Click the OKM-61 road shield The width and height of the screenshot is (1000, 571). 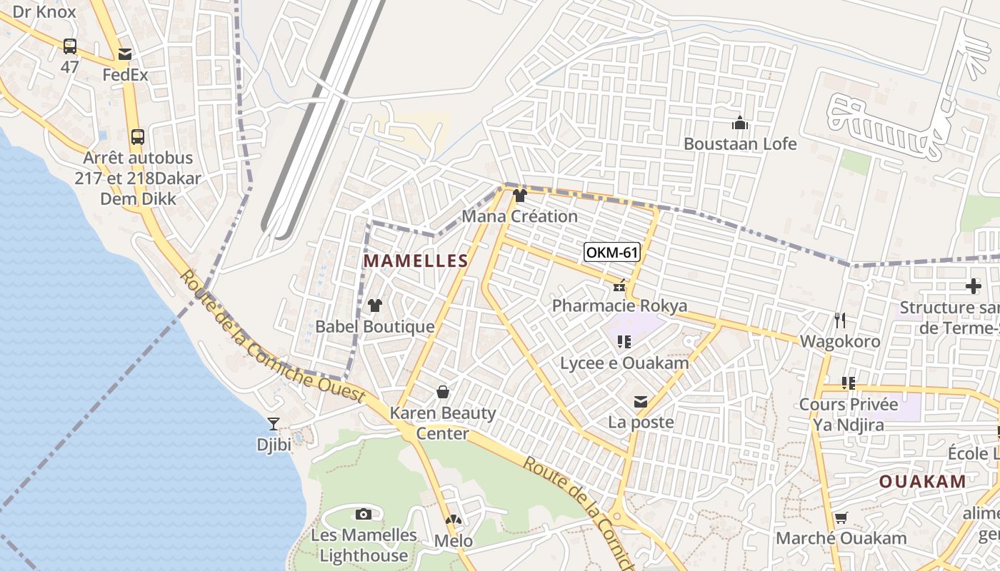[611, 252]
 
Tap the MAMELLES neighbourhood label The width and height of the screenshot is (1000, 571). [416, 261]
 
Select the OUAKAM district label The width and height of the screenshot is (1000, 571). [922, 481]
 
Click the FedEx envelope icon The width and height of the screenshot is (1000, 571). [126, 54]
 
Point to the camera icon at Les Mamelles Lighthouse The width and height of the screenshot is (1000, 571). [364, 514]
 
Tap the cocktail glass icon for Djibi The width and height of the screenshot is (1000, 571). [274, 423]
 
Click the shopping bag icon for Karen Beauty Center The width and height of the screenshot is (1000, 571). [443, 392]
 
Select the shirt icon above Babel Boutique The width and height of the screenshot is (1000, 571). [375, 305]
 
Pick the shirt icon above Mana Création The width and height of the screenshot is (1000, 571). [520, 196]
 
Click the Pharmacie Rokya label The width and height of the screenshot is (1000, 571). [619, 306]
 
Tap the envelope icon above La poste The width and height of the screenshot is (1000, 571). [641, 402]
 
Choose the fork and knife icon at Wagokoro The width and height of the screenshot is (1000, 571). [840, 320]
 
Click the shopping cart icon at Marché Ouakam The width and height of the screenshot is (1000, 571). [841, 517]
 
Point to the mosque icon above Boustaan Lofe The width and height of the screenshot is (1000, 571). [740, 123]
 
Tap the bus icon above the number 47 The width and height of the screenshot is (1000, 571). [69, 46]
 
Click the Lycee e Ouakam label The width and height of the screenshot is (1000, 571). [624, 363]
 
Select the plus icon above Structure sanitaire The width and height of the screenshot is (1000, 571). [973, 287]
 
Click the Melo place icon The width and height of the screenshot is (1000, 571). [454, 521]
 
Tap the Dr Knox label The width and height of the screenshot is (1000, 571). [44, 11]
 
